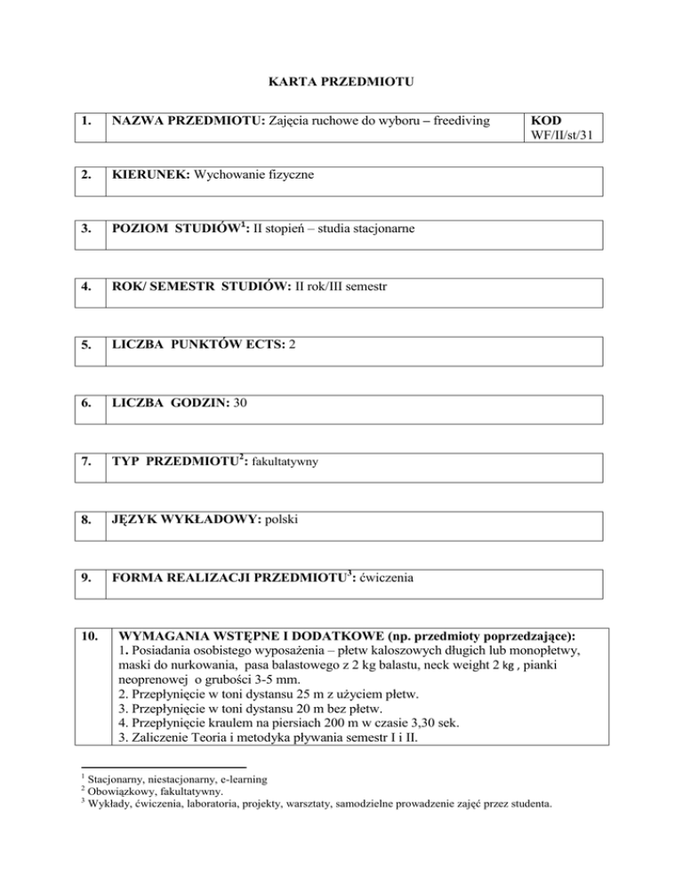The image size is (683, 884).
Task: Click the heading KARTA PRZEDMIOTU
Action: pyautogui.click(x=341, y=83)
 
